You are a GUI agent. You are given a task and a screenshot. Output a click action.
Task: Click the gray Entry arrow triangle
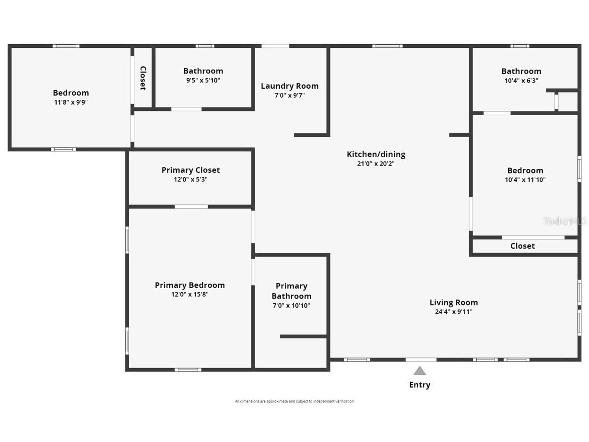pos(420,371)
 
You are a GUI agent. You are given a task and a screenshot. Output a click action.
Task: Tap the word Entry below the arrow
pos(420,385)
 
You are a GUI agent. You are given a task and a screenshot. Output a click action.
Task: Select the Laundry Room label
pos(290,86)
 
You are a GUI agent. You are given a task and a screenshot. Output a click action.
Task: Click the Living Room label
pos(454,302)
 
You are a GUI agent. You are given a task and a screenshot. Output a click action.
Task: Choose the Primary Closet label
pos(191,170)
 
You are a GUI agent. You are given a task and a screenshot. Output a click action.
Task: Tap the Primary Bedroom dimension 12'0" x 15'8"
pos(190,295)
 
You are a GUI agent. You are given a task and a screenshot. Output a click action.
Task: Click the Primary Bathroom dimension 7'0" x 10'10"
pos(292,306)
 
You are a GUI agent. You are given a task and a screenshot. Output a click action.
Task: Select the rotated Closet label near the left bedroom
pos(143,78)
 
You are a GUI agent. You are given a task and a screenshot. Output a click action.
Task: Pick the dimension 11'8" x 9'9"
pos(71,102)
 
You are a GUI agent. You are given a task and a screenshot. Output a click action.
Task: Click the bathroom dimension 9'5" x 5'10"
pos(203,81)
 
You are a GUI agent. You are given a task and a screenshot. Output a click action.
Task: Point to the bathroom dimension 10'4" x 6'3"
pos(521,81)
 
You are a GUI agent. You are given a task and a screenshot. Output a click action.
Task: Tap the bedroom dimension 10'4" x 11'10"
pos(525,180)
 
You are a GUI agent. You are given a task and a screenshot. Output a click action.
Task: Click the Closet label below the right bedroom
pos(522,246)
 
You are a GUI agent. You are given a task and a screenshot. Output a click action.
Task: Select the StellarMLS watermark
pos(565,221)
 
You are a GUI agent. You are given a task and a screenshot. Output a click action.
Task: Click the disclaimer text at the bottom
pos(294,401)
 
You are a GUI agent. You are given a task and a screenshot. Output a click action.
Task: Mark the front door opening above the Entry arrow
pos(421,359)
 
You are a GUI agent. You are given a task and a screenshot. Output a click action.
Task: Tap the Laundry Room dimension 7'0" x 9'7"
pos(290,96)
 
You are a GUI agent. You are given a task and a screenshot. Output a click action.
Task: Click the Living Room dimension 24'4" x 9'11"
pos(454,312)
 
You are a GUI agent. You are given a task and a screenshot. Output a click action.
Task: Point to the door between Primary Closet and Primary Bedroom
pos(191,207)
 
